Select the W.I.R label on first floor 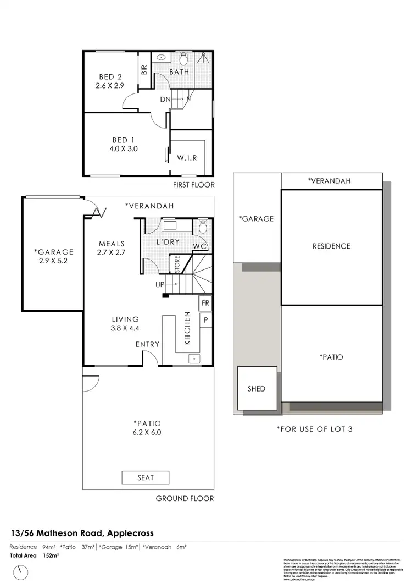coord(187,158)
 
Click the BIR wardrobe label coord(144,70)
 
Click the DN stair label coord(165,100)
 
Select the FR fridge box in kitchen coord(205,304)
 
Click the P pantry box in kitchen coord(205,319)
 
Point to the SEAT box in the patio coord(146,477)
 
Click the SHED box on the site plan coord(256,389)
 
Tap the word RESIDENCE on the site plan coord(331,246)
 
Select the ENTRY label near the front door coord(148,344)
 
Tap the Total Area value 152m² coord(51,555)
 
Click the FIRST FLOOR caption coord(193,185)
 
